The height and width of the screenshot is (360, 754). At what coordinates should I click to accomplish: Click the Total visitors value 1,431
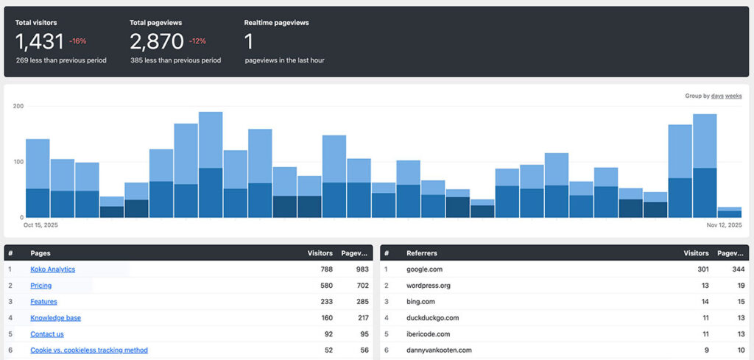point(39,41)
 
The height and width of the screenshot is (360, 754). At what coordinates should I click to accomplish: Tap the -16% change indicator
point(77,41)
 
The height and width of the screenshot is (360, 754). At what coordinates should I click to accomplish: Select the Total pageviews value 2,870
point(156,41)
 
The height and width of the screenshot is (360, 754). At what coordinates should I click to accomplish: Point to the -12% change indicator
point(198,41)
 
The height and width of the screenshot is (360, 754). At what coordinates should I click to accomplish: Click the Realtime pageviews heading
point(276,23)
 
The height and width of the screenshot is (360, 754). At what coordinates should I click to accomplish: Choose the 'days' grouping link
point(716,96)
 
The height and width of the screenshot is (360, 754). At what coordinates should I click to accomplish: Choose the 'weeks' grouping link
point(733,96)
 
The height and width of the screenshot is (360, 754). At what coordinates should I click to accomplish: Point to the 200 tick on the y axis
point(18,106)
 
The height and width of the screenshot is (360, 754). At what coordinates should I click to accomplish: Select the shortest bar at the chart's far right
point(729,213)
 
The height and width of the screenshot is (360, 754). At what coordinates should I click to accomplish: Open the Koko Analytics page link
point(52,269)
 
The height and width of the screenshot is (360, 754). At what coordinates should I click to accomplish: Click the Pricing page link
point(40,286)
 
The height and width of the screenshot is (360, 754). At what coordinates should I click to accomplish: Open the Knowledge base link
point(55,318)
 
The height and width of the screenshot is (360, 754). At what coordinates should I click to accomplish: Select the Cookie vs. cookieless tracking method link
point(88,350)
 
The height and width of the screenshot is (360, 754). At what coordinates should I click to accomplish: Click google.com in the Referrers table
point(425,269)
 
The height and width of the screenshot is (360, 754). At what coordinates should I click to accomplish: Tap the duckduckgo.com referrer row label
point(432,318)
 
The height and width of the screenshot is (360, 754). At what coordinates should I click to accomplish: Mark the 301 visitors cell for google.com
point(702,269)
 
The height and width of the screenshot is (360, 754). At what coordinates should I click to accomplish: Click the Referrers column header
point(421,253)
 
